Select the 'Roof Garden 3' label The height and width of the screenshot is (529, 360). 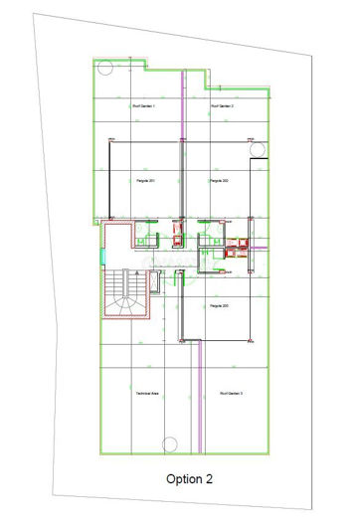pos(232,395)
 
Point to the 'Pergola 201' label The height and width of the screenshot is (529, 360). pos(147,180)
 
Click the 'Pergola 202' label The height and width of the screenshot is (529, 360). pos(220,180)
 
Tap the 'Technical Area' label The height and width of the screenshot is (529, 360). pos(147,395)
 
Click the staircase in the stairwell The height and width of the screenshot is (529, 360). pos(124,295)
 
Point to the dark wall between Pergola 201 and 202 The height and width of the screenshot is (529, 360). pos(182,179)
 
